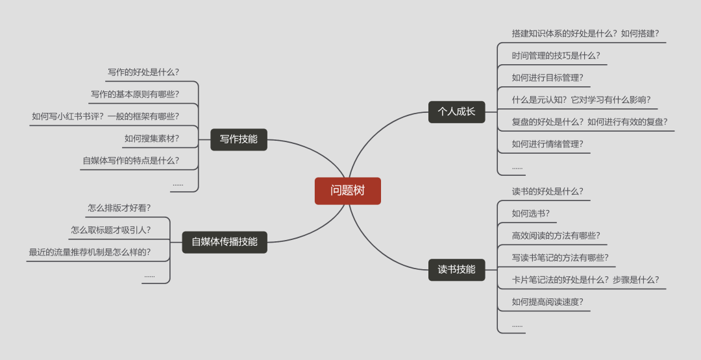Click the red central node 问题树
[x=347, y=191]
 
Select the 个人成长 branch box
[x=456, y=112]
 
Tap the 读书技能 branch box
[x=456, y=269]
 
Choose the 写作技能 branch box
[x=238, y=139]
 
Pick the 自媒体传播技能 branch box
[x=224, y=242]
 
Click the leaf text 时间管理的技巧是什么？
[x=556, y=56]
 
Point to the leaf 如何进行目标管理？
[x=547, y=78]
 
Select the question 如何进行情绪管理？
[x=547, y=144]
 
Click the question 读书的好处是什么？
[x=547, y=191]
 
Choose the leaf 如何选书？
[x=530, y=213]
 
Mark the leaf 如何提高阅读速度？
[x=547, y=302]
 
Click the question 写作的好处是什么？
[x=143, y=72]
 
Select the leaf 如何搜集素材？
[x=152, y=138]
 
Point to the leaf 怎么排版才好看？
[x=119, y=208]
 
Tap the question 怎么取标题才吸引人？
[x=111, y=230]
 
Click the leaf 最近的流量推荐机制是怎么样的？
[x=90, y=252]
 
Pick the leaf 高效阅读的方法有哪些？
[x=556, y=235]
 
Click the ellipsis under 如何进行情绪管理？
[x=517, y=167]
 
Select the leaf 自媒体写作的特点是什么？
[x=131, y=160]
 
